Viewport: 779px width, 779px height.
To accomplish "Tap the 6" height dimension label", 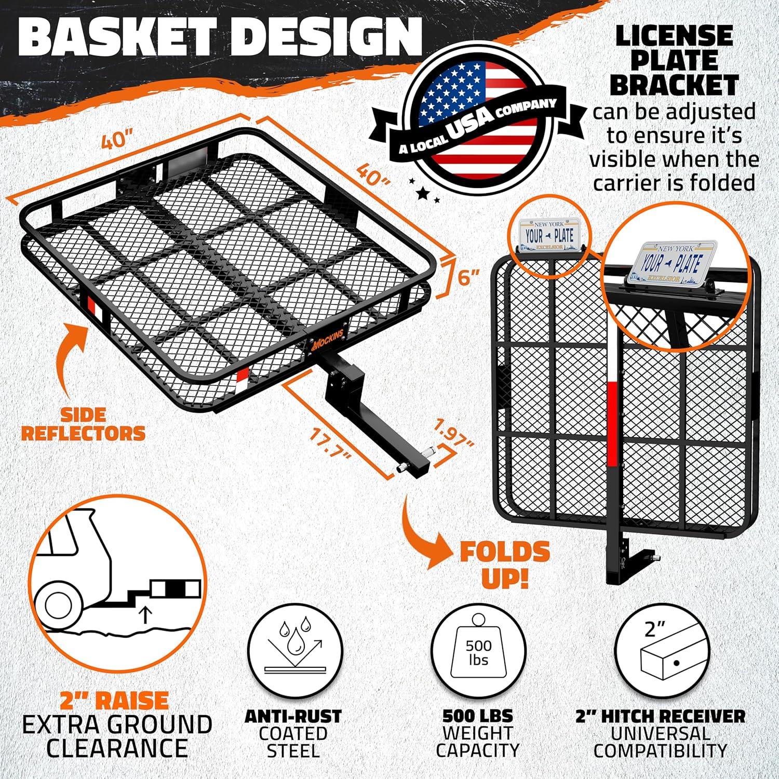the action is coord(468,277).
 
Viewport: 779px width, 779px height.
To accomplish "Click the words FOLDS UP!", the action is coord(505,565).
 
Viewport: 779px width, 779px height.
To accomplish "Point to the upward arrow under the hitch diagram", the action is coord(146,615).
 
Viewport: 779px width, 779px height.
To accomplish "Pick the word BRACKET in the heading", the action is coord(674,85).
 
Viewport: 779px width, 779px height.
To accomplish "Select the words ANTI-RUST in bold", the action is coord(293,716).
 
